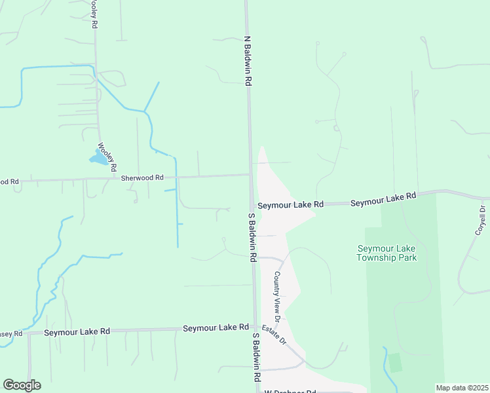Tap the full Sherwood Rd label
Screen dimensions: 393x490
(142, 177)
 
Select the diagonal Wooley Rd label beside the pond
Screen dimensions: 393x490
(107, 157)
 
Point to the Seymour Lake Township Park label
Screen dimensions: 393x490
(387, 253)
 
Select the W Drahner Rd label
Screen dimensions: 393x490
(290, 391)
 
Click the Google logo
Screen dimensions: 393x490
(22, 385)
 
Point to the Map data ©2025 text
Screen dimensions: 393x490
(461, 388)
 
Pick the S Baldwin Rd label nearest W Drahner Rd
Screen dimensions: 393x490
(256, 357)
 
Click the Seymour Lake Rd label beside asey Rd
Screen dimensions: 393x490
(77, 332)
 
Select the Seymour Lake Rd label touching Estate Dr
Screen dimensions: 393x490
(216, 327)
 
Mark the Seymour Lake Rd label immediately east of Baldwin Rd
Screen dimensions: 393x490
(290, 205)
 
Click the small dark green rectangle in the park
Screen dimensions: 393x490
(394, 362)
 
